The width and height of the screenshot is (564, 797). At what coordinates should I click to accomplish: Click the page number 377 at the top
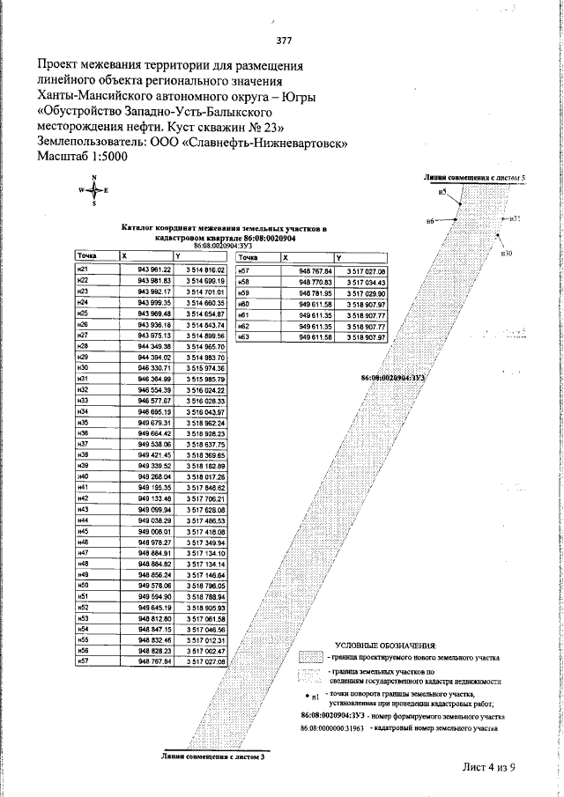coord(283,41)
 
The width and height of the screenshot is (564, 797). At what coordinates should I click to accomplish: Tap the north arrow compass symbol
coord(93,190)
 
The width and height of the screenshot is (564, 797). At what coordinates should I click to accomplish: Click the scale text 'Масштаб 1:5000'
coord(83,156)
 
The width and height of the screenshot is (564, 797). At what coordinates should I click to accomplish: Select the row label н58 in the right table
coord(245,280)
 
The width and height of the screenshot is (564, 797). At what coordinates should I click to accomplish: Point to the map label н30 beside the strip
coord(507,253)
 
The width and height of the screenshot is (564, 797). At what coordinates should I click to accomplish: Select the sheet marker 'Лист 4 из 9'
coord(488,766)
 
